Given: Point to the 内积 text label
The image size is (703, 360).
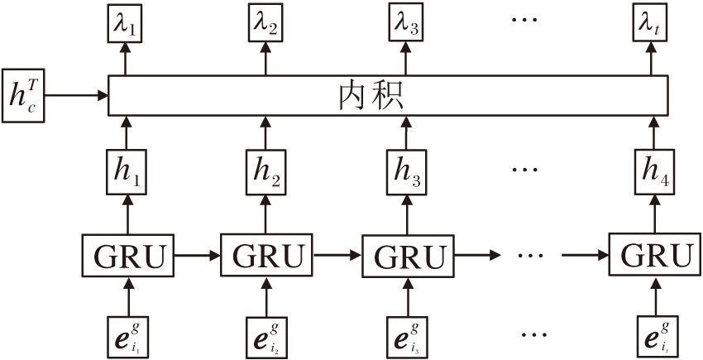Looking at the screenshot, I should coord(371,97).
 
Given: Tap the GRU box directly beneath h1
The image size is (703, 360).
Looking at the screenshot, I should coord(127,256).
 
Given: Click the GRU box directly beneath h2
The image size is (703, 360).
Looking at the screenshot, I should coord(266,256).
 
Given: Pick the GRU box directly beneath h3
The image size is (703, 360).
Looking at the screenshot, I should coord(406,256).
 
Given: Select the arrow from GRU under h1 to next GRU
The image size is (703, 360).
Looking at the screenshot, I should coord(197,256).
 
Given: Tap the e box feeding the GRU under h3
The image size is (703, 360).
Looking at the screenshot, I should coord(406,334).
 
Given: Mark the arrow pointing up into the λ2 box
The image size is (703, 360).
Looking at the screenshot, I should coord(265,63).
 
